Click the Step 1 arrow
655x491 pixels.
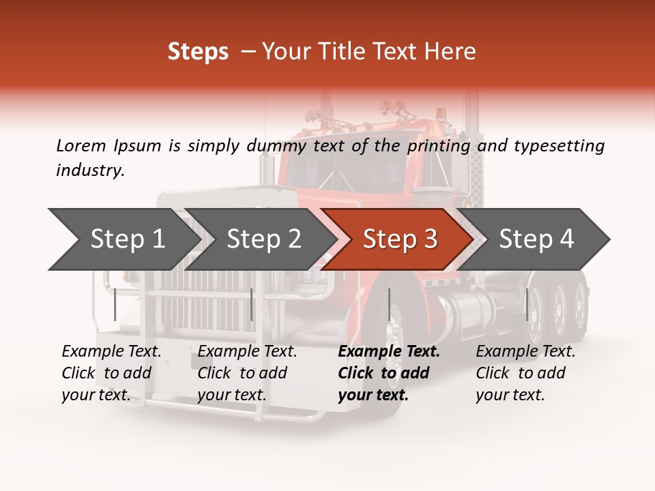[126, 239]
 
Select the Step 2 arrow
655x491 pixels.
[263, 239]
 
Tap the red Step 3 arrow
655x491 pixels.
[400, 239]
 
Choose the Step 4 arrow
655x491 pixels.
[536, 239]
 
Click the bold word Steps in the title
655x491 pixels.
[198, 52]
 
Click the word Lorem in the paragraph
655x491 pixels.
[81, 145]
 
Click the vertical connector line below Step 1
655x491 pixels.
[115, 304]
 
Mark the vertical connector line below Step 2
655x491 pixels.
[252, 304]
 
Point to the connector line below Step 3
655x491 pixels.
[389, 304]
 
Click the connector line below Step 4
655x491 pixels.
[527, 304]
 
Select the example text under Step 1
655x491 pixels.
[111, 373]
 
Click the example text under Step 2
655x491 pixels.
[247, 373]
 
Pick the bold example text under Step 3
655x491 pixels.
[388, 373]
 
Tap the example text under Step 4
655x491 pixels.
[525, 373]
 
